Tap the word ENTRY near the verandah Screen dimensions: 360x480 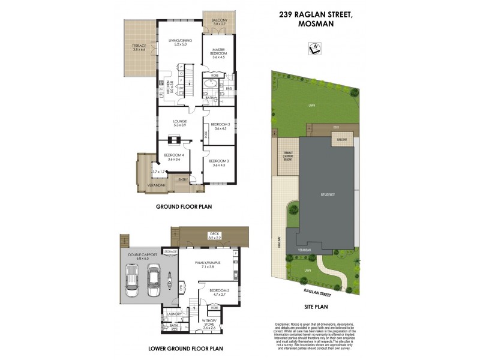(x=182, y=179)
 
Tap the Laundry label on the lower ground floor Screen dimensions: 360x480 (x=175, y=313)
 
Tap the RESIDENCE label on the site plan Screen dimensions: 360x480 (x=327, y=195)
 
